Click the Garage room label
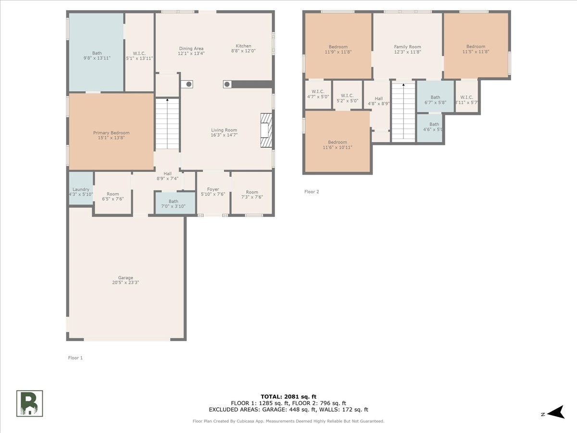[125, 278]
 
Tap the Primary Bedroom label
[111, 133]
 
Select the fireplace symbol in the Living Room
[266, 130]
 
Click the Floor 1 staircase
[167, 124]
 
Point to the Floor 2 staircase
[403, 111]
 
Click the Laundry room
[81, 188]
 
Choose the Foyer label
[213, 189]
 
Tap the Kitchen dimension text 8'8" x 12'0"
[243, 51]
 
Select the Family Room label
[407, 47]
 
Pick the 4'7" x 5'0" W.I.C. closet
[318, 94]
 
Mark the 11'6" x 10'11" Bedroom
[338, 141]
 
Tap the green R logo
[30, 404]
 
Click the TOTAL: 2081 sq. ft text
[288, 397]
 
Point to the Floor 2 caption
[312, 191]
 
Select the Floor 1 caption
[75, 358]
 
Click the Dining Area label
[191, 49]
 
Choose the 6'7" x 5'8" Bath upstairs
[435, 97]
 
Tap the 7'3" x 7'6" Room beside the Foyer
[252, 193]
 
